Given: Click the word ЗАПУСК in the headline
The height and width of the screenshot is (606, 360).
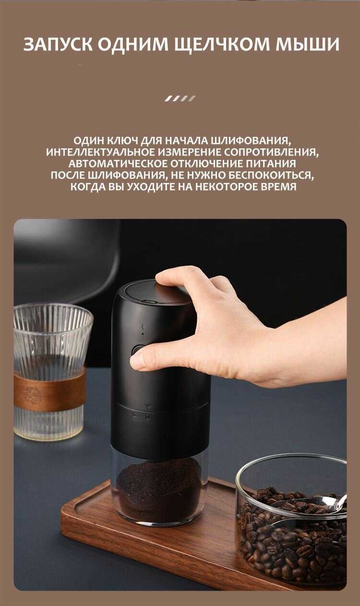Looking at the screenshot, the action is coord(58,45).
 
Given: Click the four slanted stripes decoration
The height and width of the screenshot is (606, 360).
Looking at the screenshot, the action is coord(180,98).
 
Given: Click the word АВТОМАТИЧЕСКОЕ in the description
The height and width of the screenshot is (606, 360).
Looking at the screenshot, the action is coord(118,164).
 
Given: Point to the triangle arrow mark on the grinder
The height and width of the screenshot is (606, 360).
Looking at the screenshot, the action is coord(148,406).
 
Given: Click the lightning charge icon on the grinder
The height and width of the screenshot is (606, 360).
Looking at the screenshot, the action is coord(143,327).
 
